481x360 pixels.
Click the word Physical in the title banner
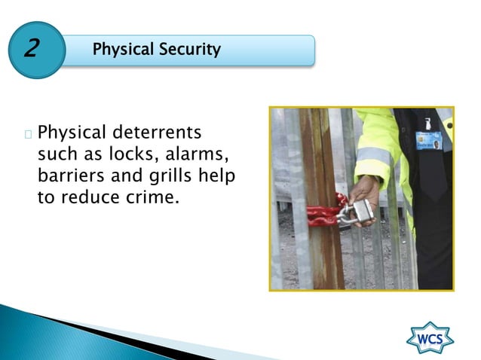coord(123,50)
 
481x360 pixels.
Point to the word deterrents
coord(158,133)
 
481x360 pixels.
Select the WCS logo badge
coord(430,338)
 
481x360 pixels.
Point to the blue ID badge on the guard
coord(427,140)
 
